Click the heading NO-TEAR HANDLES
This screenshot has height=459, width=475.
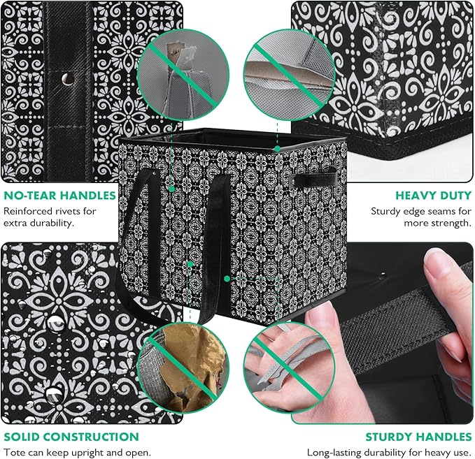(59, 196)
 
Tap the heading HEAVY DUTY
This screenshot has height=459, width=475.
(434, 196)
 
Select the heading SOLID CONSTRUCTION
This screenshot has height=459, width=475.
(71, 437)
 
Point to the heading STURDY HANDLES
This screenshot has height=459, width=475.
(418, 437)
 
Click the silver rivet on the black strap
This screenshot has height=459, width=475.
(67, 79)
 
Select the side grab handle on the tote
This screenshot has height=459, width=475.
(313, 180)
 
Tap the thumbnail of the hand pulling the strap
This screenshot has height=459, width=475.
(382, 333)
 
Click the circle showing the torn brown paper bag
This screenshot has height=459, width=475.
(183, 367)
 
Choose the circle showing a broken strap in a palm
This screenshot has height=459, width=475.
(289, 367)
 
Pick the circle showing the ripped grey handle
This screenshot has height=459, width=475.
(183, 75)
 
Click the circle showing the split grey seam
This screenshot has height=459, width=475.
(289, 75)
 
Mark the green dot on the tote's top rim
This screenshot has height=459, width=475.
(277, 149)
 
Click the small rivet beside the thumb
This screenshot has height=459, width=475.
(383, 275)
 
